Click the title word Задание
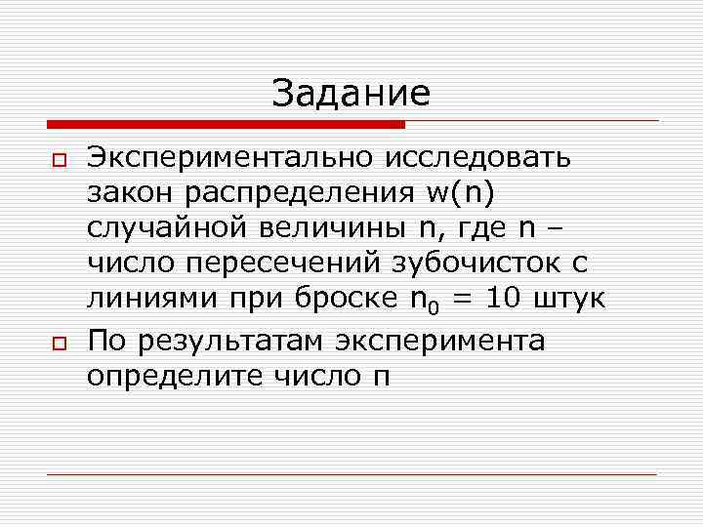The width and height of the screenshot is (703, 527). (x=351, y=94)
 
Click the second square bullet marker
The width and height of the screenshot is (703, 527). (x=59, y=343)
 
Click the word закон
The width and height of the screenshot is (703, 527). (x=127, y=193)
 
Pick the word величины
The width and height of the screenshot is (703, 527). (x=324, y=229)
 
